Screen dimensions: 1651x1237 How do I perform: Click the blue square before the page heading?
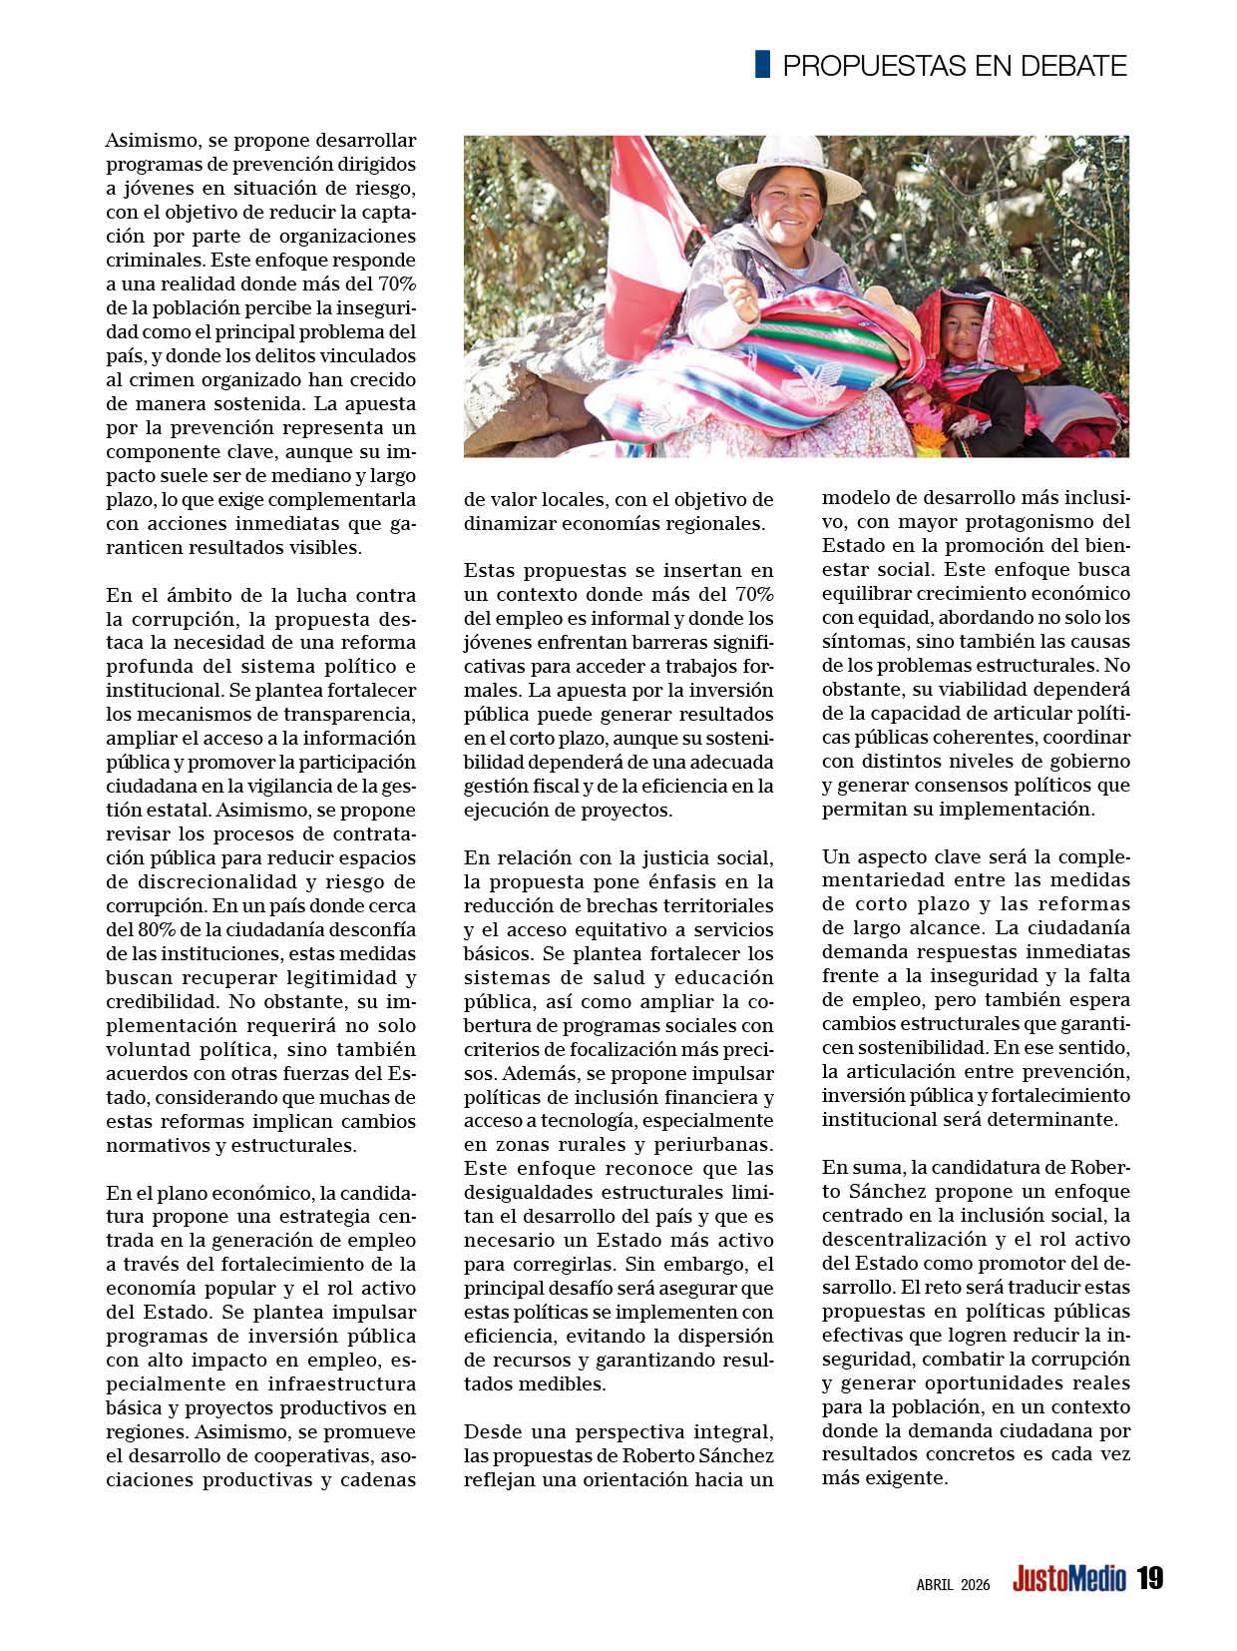coord(762,64)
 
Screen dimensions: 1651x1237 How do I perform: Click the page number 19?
coord(1149,1578)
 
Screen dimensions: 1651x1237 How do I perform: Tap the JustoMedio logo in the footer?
coord(1068,1579)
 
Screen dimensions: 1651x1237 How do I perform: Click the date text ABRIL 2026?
coord(953,1584)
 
